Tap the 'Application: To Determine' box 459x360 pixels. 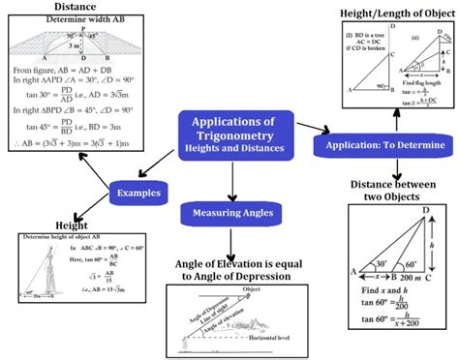point(379,145)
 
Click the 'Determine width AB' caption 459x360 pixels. point(70,19)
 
